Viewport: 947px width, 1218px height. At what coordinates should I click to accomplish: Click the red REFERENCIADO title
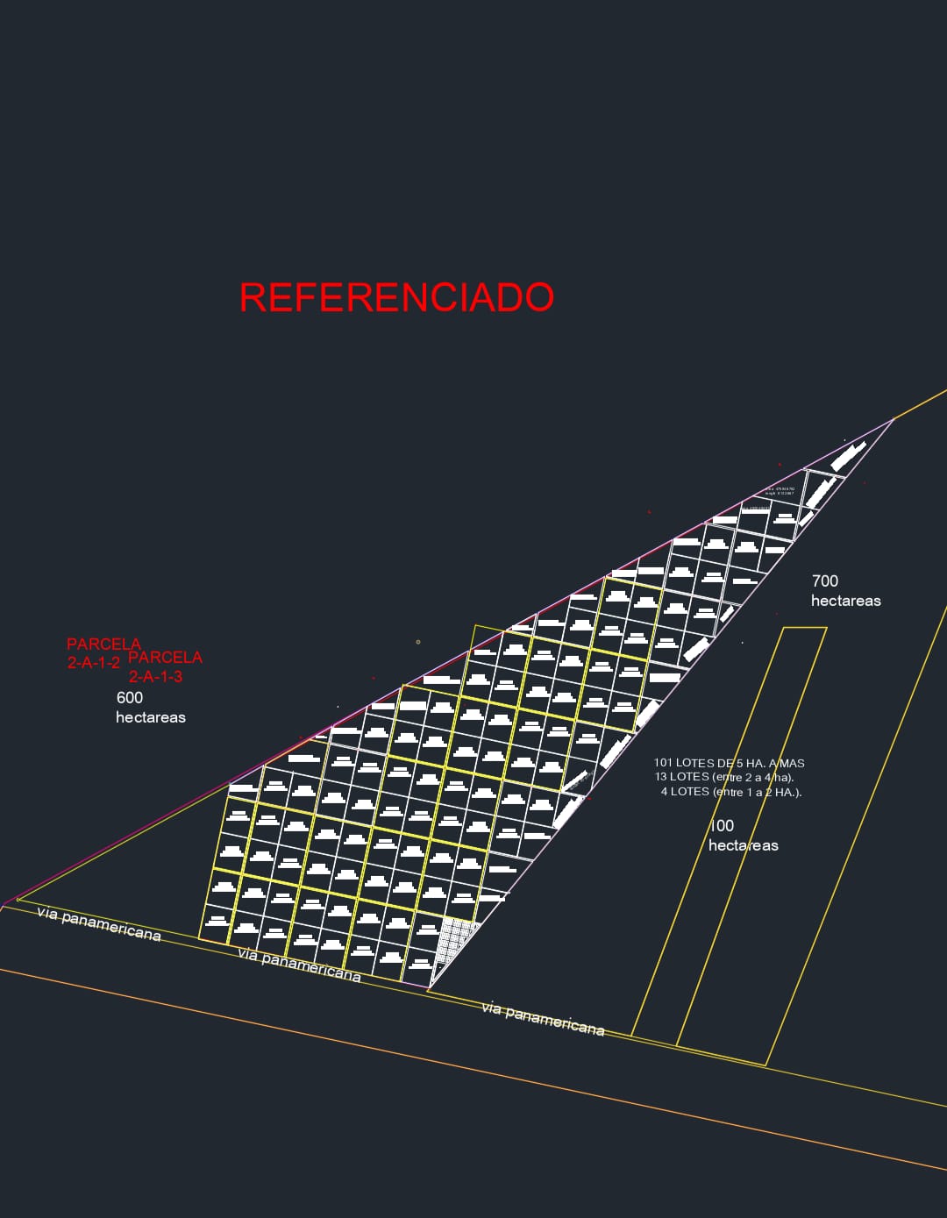(396, 297)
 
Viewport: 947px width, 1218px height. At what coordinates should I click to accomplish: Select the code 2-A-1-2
(94, 663)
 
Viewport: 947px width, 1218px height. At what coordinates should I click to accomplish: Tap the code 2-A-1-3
(155, 676)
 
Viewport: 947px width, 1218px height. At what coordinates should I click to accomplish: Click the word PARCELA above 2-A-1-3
(166, 657)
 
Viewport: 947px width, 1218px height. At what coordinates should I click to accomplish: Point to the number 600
(129, 698)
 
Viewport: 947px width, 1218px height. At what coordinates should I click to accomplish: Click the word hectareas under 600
(151, 717)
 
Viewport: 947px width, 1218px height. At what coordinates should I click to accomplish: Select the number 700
(824, 581)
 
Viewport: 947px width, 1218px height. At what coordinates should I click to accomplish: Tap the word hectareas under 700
(845, 601)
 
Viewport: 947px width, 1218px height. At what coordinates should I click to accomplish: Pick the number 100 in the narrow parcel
(722, 825)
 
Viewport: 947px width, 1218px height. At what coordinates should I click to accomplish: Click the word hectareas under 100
(743, 845)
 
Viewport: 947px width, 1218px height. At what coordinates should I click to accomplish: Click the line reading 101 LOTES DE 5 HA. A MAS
(729, 763)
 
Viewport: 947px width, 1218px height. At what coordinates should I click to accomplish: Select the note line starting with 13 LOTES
(724, 777)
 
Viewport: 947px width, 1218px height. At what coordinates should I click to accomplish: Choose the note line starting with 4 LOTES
(731, 792)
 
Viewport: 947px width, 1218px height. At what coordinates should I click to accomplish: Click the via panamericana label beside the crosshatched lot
(299, 965)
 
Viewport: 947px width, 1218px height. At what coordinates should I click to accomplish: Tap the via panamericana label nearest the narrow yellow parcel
(543, 1019)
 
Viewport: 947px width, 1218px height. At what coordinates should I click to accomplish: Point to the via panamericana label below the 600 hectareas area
(99, 923)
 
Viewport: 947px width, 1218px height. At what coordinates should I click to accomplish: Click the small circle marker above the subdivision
(417, 642)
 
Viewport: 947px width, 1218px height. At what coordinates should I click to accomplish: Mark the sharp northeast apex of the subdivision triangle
(893, 420)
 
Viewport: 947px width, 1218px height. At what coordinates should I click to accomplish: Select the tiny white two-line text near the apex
(780, 491)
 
